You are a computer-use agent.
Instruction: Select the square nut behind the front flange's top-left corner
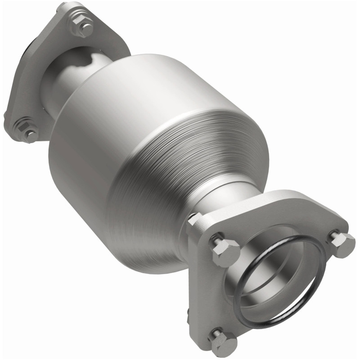(194, 220)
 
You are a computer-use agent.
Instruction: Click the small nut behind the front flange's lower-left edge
(188, 315)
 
